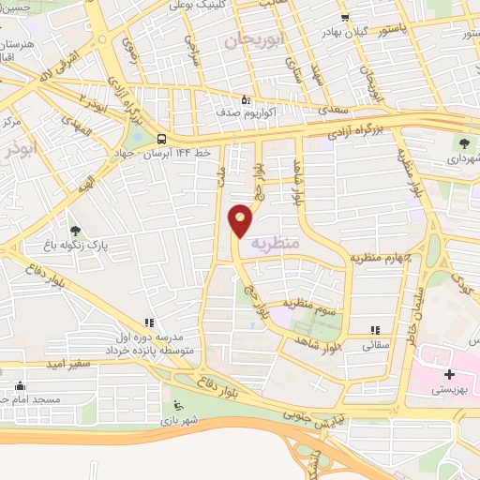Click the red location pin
tap(241, 220)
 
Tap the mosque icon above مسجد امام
tap(21, 385)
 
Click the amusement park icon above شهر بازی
tap(179, 406)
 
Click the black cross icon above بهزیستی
tap(450, 374)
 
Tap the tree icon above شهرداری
tap(464, 143)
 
